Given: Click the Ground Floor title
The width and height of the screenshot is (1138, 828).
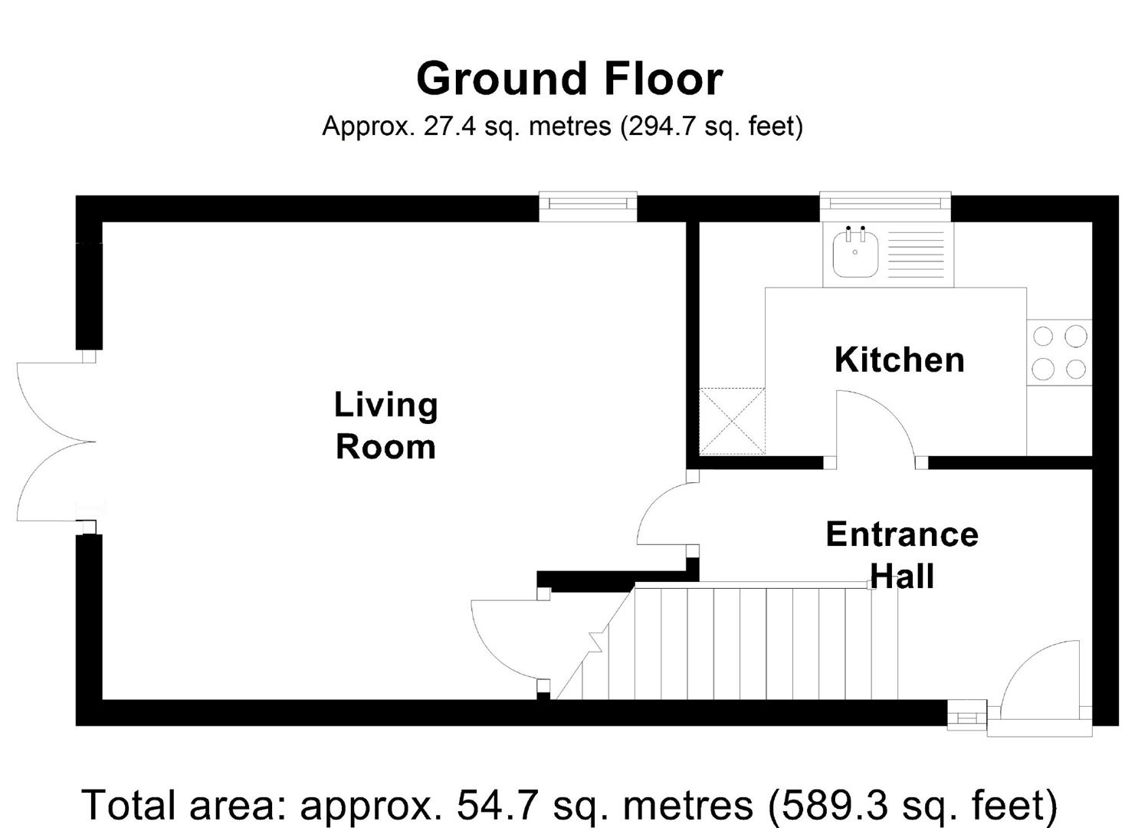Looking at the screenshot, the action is pos(569,79).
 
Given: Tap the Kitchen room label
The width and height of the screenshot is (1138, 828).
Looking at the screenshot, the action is pos(899,360).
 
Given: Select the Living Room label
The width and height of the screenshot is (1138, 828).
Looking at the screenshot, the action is pos(385,426).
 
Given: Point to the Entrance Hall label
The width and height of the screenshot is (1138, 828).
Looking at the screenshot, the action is pos(902,556).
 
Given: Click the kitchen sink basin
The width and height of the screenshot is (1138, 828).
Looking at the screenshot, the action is pos(855,254).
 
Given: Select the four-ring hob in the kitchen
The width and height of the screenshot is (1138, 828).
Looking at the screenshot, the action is pos(1059,352).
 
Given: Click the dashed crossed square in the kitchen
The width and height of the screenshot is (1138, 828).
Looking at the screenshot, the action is pos(732,421).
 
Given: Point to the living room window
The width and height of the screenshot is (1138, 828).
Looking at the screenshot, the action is pos(588,206).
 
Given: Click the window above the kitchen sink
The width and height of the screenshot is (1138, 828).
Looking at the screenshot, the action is pos(885,206).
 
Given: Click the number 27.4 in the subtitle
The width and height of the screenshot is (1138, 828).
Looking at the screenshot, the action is pos(450,126).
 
